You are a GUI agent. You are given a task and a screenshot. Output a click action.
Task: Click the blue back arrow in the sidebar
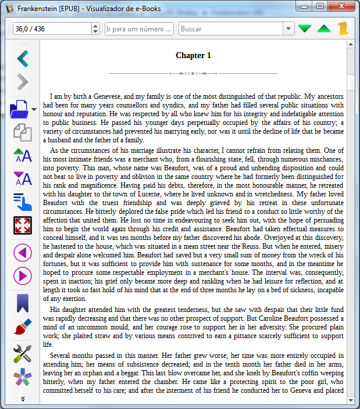pyautogui.click(x=23, y=59)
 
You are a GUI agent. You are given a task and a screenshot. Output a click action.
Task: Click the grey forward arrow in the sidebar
pyautogui.click(x=23, y=82)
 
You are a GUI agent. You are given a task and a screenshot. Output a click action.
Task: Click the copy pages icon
pyautogui.click(x=23, y=132)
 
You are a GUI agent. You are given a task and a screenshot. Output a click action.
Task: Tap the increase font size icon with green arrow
pyautogui.click(x=23, y=156)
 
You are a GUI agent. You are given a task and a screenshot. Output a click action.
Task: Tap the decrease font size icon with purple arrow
pyautogui.click(x=23, y=179)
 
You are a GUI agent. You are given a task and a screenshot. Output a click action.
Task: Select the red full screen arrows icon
pyautogui.click(x=23, y=225)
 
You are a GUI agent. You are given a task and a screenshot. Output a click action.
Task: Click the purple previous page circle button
pyautogui.click(x=23, y=253)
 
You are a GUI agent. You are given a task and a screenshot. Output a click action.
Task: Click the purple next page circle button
pyautogui.click(x=23, y=277)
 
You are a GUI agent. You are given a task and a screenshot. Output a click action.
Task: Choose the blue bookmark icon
pyautogui.click(x=23, y=303)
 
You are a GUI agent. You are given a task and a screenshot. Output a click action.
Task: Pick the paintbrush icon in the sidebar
pyautogui.click(x=23, y=327)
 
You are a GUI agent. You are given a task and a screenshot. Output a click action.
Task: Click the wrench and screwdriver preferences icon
pyautogui.click(x=23, y=354)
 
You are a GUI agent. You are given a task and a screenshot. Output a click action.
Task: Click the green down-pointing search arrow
pyautogui.click(x=305, y=28)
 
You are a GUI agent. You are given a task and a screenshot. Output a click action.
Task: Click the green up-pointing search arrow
pyautogui.click(x=324, y=28)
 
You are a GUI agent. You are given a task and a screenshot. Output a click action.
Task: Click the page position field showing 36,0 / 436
pyautogui.click(x=51, y=28)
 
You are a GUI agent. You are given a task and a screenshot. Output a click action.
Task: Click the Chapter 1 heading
pyautogui.click(x=193, y=56)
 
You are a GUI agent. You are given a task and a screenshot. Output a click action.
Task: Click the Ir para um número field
pyautogui.click(x=139, y=28)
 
